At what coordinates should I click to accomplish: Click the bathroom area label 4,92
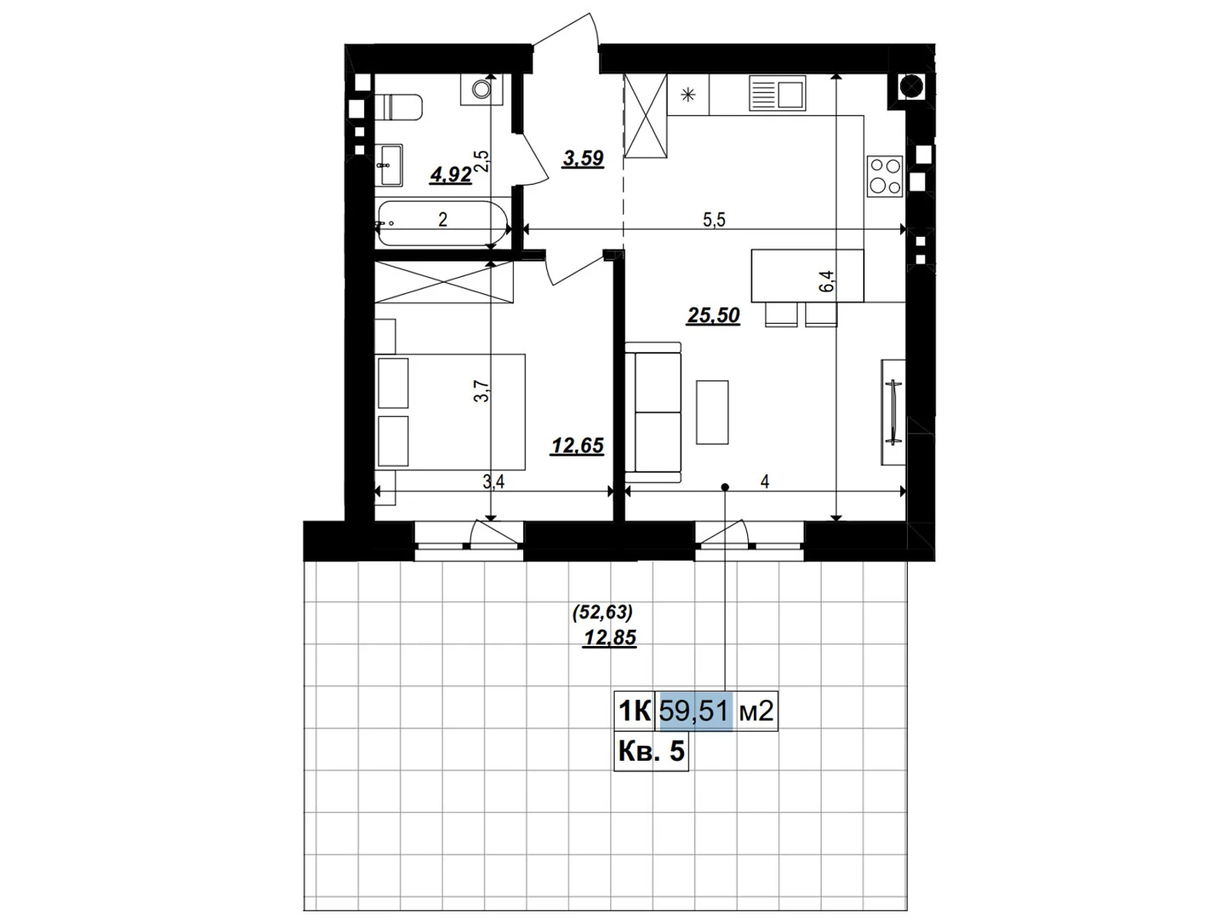(451, 175)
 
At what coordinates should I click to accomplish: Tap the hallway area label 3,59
(583, 158)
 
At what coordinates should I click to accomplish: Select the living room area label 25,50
(713, 315)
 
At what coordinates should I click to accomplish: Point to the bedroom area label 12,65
(577, 446)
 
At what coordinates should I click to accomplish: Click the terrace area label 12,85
(610, 638)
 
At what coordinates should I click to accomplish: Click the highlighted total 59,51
(694, 711)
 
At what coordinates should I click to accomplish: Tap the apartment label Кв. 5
(651, 751)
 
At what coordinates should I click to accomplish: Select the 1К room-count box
(635, 711)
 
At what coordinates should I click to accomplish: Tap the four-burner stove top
(884, 176)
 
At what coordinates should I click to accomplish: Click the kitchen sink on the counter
(777, 95)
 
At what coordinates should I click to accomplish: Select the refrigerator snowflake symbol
(688, 95)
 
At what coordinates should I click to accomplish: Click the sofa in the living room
(653, 412)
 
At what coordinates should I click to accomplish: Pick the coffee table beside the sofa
(712, 412)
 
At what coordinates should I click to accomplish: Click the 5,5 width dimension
(714, 220)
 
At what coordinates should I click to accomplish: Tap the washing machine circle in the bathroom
(482, 89)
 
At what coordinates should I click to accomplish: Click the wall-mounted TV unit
(893, 412)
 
